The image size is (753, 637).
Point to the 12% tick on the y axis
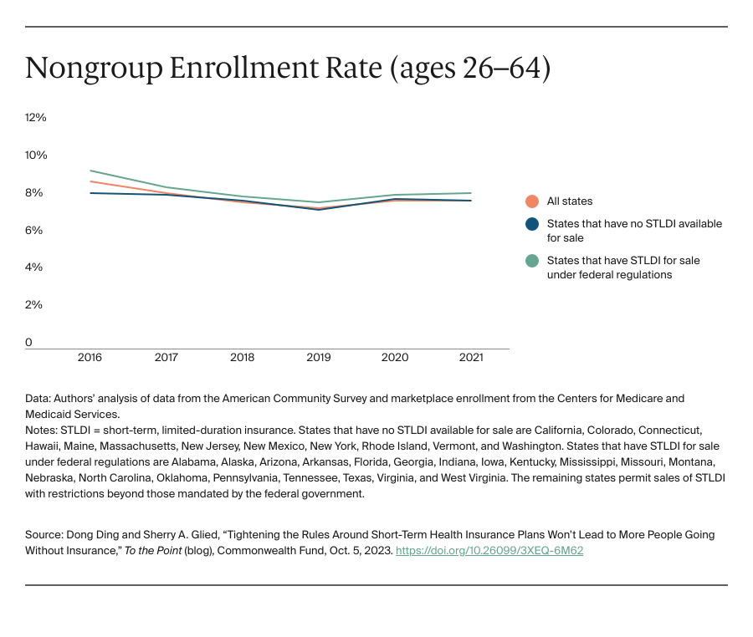(35, 118)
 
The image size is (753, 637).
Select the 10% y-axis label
(35, 155)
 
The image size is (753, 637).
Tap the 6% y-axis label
(33, 230)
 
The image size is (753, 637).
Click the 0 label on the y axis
(29, 342)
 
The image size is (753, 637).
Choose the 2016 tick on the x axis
(90, 358)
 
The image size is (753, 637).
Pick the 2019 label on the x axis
(318, 358)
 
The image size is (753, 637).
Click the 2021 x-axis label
(471, 358)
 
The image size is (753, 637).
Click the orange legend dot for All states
(531, 201)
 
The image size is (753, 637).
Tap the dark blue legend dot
(531, 224)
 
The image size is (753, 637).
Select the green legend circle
(531, 261)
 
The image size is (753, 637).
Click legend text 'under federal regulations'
(609, 275)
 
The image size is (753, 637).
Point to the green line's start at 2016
(90, 171)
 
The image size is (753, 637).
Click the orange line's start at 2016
(90, 181)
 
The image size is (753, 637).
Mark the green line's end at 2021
(471, 193)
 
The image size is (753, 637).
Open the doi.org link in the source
(489, 551)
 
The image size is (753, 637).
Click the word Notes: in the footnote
(42, 429)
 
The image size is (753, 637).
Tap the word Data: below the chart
(38, 398)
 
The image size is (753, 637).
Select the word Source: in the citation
(45, 534)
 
